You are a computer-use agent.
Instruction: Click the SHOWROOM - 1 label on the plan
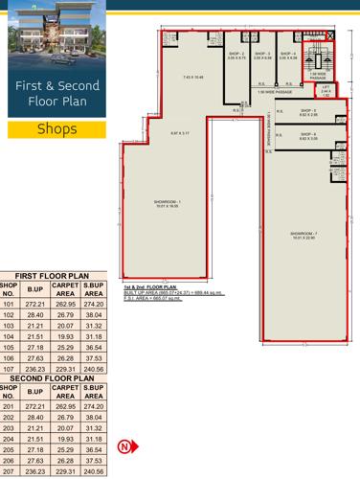pyautogui.click(x=167, y=202)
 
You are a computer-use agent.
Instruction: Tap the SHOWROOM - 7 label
pyautogui.click(x=304, y=232)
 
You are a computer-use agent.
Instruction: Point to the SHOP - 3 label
pyautogui.click(x=261, y=54)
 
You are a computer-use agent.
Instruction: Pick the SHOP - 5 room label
pyautogui.click(x=307, y=112)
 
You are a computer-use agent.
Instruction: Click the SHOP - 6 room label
pyautogui.click(x=307, y=135)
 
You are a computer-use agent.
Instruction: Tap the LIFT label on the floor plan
pyautogui.click(x=326, y=87)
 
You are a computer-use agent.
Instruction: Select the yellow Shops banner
pyautogui.click(x=57, y=128)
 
